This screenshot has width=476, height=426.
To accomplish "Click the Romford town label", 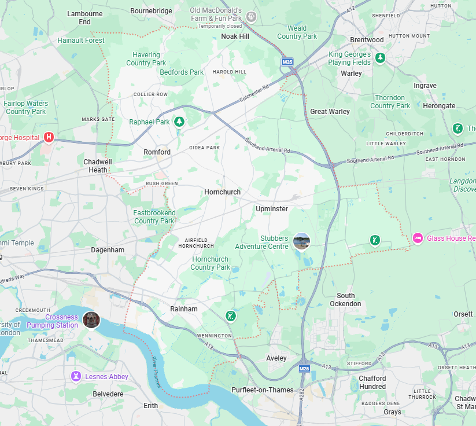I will [x=157, y=152].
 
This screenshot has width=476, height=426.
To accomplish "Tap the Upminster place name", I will [x=271, y=209].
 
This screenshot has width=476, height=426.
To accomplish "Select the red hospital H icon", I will [x=49, y=137].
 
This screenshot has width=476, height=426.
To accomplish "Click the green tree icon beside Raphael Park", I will [x=179, y=122].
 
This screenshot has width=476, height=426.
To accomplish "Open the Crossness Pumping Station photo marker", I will [x=91, y=319].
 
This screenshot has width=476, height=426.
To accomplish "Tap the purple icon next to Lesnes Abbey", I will [x=75, y=377].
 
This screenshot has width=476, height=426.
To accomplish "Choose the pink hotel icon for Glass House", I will [x=418, y=238].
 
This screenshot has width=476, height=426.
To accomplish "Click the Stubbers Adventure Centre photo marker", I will [x=301, y=241].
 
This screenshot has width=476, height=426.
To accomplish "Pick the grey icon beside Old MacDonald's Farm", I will [x=251, y=17].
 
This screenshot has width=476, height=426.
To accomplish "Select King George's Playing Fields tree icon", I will [x=381, y=58].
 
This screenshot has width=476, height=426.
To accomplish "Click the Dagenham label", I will [x=108, y=250].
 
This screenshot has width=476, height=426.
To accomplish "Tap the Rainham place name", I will [x=183, y=309].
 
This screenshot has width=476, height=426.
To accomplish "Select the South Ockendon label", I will [x=346, y=300].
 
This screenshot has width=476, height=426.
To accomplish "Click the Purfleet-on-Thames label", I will [x=263, y=390].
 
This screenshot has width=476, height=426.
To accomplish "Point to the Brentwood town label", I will [x=367, y=40].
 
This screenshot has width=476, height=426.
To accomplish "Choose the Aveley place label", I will [x=276, y=358].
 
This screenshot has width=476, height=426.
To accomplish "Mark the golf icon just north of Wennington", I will [x=231, y=315].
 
